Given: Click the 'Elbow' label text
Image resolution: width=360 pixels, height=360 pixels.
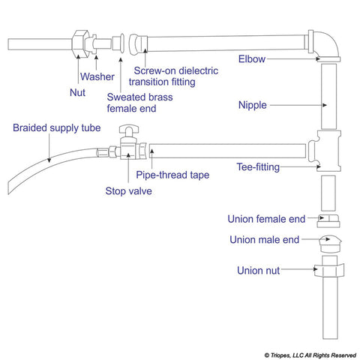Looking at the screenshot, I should [251, 58].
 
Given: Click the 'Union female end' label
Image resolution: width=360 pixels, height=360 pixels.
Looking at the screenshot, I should [266, 219].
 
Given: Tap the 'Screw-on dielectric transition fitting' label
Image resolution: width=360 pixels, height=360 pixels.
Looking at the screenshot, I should [173, 76].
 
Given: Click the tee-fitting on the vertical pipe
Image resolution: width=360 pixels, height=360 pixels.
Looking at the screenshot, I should [325, 150].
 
